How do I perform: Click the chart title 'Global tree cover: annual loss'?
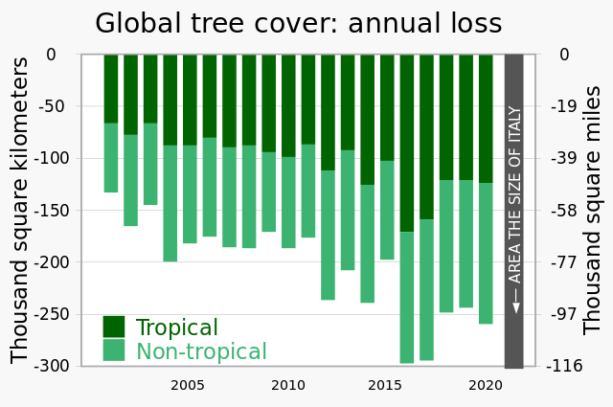point(298,23)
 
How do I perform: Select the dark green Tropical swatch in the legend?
point(114,327)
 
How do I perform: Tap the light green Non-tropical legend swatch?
point(114,350)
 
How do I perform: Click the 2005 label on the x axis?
point(188,386)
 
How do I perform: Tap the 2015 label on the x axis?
point(385,386)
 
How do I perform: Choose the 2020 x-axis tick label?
point(486,386)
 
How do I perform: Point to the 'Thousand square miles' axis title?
point(593,210)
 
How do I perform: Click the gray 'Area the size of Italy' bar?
point(513,211)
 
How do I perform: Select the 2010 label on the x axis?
point(287,386)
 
